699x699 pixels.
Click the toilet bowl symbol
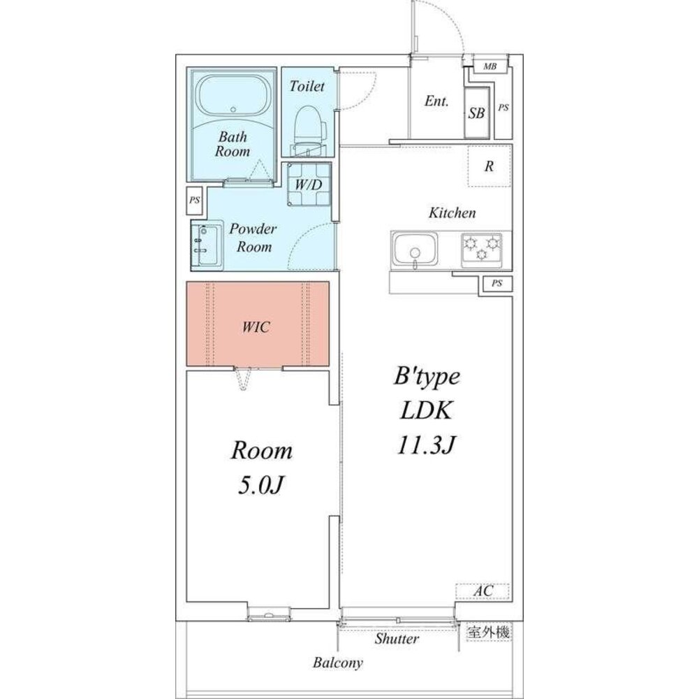tap(310, 130)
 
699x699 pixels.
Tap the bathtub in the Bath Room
tap(233, 96)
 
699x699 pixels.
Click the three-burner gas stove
tap(481, 250)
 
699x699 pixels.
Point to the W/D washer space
tap(309, 184)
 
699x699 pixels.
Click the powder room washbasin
tap(207, 245)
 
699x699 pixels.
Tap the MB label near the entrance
tap(490, 66)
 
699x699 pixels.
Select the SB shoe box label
tap(476, 113)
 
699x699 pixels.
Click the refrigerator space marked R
tap(489, 166)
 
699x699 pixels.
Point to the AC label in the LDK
tap(483, 591)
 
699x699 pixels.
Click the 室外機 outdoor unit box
tap(488, 632)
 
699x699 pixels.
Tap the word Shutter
tap(397, 638)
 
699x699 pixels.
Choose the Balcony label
tap(337, 663)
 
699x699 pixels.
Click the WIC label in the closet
tap(256, 327)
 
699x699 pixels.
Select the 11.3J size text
tap(427, 445)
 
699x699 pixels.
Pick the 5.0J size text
tap(261, 485)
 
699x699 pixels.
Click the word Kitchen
tap(452, 212)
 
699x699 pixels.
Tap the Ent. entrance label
tap(436, 101)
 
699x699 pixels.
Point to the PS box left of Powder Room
tap(194, 200)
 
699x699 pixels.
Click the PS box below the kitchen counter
tap(497, 283)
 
